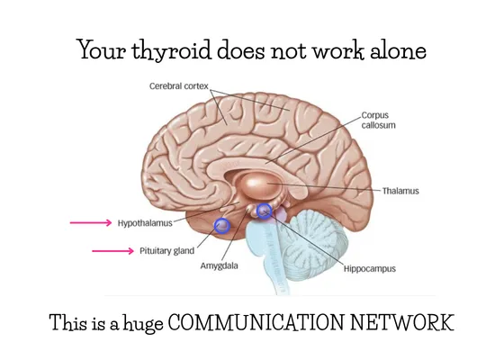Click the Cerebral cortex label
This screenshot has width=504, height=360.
click(x=179, y=86)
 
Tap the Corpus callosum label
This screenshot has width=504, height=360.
click(x=378, y=121)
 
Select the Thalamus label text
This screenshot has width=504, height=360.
click(x=400, y=191)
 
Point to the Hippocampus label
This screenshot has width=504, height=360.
click(x=370, y=268)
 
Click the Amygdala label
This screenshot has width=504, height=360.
click(x=220, y=265)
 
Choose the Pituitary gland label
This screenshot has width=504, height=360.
click(x=166, y=251)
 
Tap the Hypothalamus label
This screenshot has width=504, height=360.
click(x=145, y=223)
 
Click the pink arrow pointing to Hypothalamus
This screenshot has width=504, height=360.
click(x=91, y=222)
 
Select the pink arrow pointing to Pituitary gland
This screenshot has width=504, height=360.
click(x=112, y=251)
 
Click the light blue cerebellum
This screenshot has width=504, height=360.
click(x=315, y=244)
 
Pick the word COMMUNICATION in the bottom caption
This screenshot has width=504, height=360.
click(x=256, y=322)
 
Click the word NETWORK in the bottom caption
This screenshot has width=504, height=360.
click(x=402, y=322)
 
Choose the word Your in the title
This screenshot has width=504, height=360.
click(x=103, y=50)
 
